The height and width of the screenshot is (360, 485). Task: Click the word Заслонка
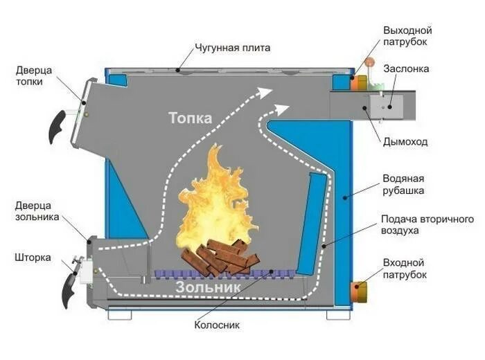(x=406, y=69)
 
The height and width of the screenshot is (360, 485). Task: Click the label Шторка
(x=33, y=258)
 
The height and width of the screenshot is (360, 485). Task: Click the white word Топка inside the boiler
(x=189, y=118)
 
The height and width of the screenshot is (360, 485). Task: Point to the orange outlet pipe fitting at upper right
(x=358, y=82)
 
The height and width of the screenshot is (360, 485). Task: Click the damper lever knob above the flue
(x=370, y=66)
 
